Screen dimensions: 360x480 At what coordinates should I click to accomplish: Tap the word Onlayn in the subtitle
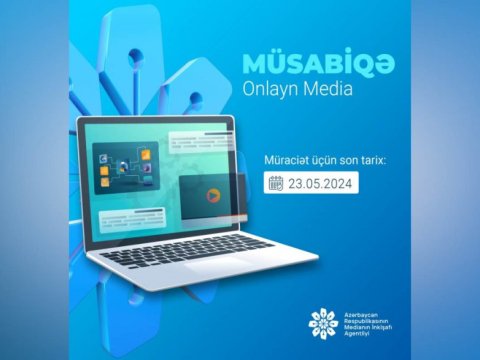pos(272,89)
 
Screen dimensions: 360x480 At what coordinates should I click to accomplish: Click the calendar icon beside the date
pos(275,184)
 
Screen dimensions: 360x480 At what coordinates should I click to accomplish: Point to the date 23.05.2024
pos(319,184)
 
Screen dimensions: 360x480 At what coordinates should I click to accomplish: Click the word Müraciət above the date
pos(286,158)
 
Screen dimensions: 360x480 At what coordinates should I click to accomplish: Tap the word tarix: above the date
pos(385,158)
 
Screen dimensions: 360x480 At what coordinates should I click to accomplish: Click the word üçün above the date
pos(331,158)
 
